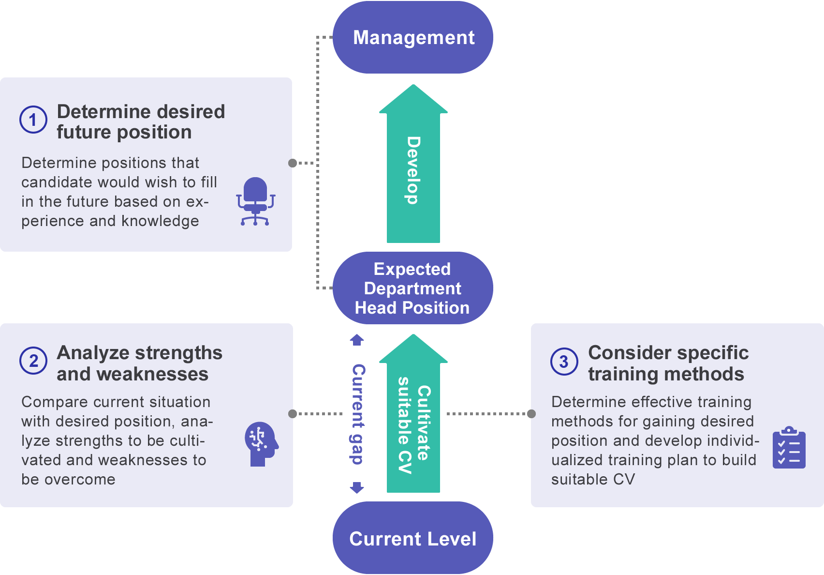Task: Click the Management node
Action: pos(413,37)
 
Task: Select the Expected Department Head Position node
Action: pos(413,288)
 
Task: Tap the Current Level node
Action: pos(413,538)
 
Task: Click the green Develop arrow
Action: pos(413,164)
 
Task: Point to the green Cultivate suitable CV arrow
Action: pos(413,413)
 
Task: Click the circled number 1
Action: pos(33,120)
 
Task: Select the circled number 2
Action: pos(33,361)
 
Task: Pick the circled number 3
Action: pos(564,362)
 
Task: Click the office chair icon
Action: pos(256,201)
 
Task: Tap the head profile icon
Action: pos(262,444)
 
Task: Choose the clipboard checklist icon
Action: pos(789,447)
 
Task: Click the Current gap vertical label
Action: pos(357,414)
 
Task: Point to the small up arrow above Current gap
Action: pos(357,340)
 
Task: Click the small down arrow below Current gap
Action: pos(357,487)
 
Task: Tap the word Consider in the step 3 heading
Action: pos(630,353)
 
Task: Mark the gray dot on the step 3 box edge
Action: pos(531,414)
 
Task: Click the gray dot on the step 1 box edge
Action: pos(293,163)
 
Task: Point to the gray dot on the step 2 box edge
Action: pos(293,414)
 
